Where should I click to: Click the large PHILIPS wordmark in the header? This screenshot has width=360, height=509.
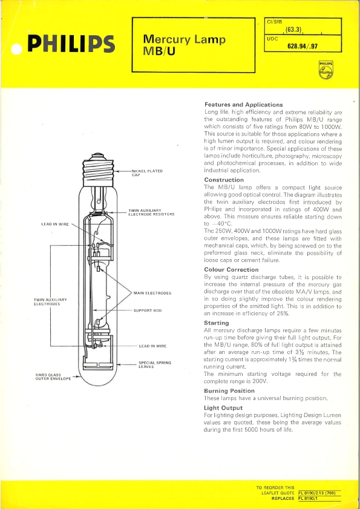coord(71,44)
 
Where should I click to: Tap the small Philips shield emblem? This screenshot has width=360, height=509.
coord(326,70)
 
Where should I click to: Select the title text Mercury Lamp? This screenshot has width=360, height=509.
coord(185,39)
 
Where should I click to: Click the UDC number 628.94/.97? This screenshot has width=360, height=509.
coord(302,46)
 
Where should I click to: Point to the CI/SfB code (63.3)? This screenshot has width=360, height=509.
coord(294,30)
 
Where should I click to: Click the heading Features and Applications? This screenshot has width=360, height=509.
coord(243,105)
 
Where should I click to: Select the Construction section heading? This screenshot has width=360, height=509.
coord(224,180)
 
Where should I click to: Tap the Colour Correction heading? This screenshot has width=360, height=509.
coord(232,269)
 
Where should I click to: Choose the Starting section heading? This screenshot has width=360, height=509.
coord(217,323)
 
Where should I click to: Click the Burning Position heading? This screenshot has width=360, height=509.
coord(229,391)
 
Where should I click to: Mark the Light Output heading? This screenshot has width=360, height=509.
coord(223,408)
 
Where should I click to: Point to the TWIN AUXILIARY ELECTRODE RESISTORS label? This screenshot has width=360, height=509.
coord(151,212)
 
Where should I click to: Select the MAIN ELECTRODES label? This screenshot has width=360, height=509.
coord(152,293)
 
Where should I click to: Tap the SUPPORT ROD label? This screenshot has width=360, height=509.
coord(148,310)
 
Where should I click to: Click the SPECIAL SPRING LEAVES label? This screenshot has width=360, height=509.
coord(155,364)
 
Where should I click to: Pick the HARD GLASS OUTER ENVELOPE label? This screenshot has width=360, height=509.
coord(53,376)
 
